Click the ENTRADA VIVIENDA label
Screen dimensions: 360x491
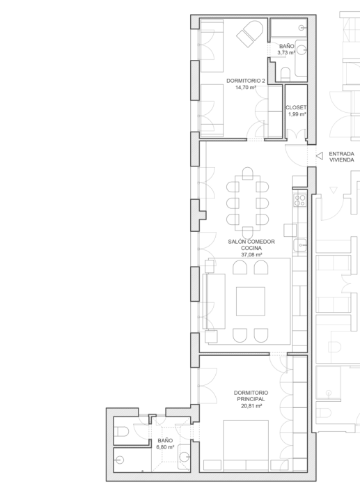(x=341, y=157)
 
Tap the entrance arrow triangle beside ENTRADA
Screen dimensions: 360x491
(x=320, y=155)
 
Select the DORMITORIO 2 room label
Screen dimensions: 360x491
(x=246, y=81)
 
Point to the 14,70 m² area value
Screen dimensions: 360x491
(x=246, y=87)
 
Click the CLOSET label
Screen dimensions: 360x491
(x=296, y=107)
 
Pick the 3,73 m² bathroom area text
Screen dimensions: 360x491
(x=286, y=53)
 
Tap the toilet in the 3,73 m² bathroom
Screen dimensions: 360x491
(x=285, y=74)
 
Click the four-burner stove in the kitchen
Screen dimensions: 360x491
(x=300, y=200)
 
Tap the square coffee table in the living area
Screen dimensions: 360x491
(x=251, y=302)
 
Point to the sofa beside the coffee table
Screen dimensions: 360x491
(x=214, y=302)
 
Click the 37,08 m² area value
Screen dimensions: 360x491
(x=251, y=255)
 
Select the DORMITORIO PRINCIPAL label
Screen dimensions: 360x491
(x=251, y=396)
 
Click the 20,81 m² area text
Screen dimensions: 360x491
(x=251, y=406)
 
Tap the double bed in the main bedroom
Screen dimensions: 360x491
(x=246, y=445)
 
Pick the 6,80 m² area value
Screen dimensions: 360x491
(x=165, y=447)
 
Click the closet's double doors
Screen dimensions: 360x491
(x=296, y=134)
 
